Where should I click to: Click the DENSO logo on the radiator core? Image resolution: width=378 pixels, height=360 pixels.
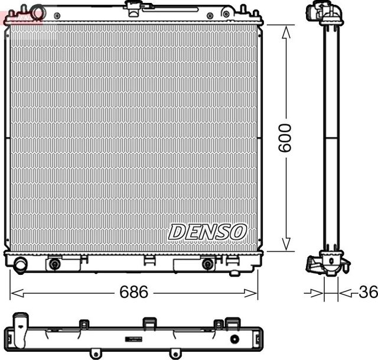tap(207, 232)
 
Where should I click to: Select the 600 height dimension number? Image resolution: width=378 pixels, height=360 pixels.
tap(285, 138)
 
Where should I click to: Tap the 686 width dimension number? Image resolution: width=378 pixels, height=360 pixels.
tap(133, 293)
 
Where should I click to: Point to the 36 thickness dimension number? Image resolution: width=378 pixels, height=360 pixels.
tap(367, 293)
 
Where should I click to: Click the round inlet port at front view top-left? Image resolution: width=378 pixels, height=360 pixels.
tap(38, 12)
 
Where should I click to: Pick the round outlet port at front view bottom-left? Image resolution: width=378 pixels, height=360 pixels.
tap(20, 265)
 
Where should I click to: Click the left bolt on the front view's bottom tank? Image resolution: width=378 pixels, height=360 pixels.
tap(55, 264)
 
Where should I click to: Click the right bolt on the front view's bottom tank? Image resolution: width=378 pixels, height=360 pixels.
tap(207, 264)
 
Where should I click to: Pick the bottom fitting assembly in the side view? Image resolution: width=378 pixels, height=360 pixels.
tap(327, 264)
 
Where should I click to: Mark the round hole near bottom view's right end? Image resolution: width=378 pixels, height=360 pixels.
tap(235, 339)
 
